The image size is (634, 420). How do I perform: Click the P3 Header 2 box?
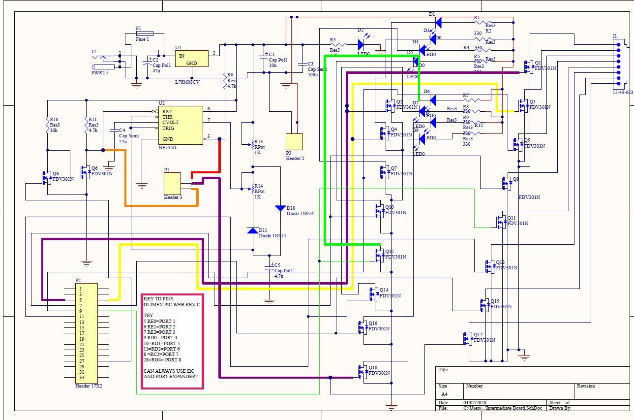click(294, 142)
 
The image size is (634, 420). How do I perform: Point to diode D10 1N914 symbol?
click(280, 208)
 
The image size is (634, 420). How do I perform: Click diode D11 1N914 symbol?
click(253, 230)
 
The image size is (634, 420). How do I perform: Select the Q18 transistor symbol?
click(364, 373)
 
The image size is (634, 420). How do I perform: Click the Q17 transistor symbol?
click(468, 339)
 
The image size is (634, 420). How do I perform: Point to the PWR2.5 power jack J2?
click(103, 62)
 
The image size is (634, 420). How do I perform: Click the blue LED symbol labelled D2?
click(361, 45)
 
